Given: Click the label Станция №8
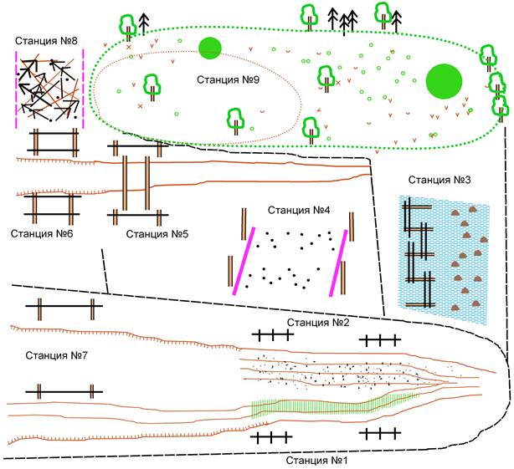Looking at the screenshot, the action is click(46, 41).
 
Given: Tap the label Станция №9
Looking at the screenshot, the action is click(228, 79).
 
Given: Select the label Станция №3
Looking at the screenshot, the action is click(439, 180).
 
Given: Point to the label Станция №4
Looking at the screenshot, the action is click(299, 210).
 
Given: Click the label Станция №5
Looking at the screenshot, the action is click(157, 234).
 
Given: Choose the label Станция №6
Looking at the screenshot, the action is click(42, 234).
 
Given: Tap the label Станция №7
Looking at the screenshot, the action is click(56, 355).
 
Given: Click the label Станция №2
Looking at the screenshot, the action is click(318, 323).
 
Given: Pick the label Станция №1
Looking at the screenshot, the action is click(316, 461).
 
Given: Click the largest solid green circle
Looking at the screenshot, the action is click(444, 81).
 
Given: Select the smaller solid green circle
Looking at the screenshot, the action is click(210, 48).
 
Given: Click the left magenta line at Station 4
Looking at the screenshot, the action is click(244, 261).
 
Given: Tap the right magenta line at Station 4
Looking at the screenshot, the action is click(338, 263).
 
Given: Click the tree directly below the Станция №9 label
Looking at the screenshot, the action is click(236, 121).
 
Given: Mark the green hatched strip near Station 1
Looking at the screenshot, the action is click(334, 405).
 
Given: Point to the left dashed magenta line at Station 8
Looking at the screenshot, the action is click(16, 89).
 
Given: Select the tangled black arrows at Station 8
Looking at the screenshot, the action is click(49, 89).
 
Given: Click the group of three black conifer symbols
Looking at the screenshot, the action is click(343, 21).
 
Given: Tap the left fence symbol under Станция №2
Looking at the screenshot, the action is click(273, 334).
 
